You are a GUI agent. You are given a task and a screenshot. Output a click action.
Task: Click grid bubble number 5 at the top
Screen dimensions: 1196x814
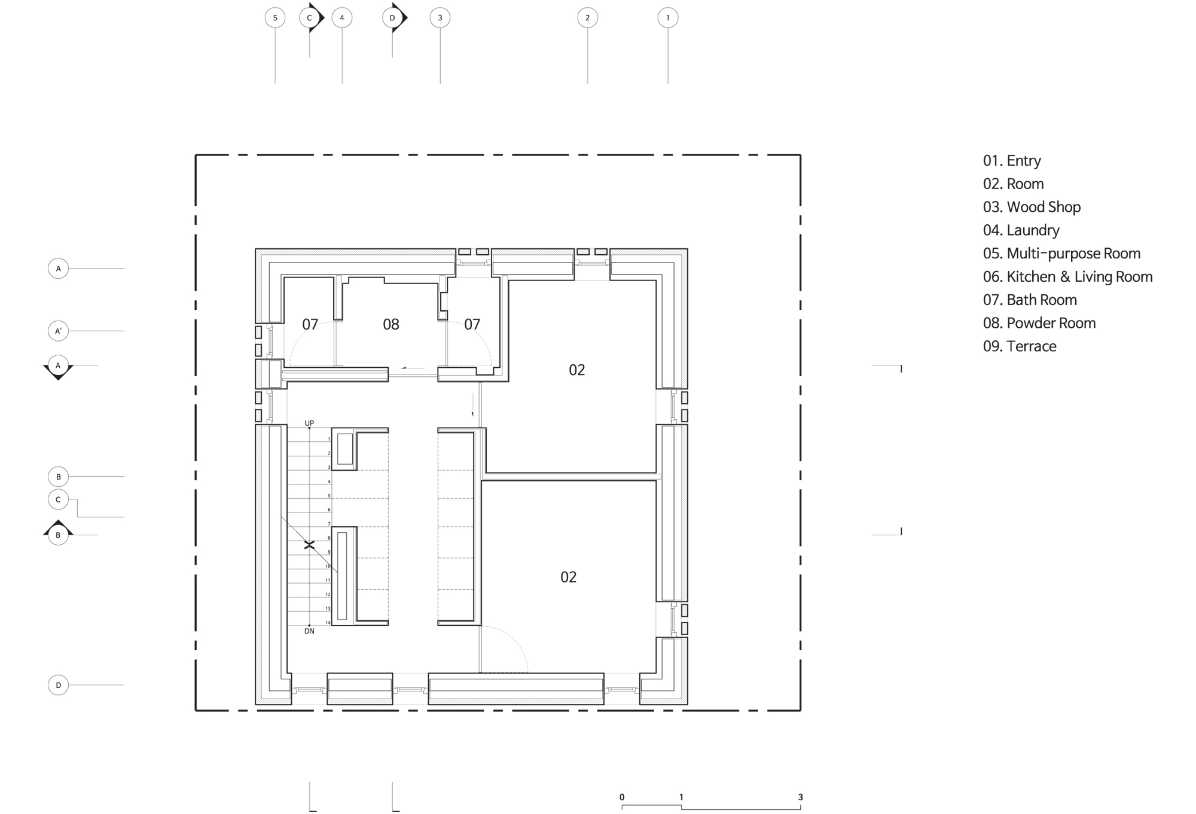coord(275,18)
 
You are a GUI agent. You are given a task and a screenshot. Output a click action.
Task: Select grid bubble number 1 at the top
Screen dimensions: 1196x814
coord(668,18)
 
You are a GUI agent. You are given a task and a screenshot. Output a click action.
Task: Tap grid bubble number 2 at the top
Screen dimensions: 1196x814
coord(587,18)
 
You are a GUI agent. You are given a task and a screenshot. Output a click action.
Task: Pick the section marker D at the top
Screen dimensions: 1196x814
coord(394,18)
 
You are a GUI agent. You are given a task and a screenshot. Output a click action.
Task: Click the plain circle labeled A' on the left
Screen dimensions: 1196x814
coord(58,331)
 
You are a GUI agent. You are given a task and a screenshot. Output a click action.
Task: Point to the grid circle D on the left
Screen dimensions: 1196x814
coord(58,685)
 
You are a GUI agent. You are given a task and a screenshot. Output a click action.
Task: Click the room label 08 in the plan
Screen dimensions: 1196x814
coord(391,324)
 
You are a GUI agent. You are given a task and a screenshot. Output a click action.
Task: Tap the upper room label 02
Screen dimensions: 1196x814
coord(577,370)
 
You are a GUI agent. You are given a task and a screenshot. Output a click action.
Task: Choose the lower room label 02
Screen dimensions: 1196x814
coord(569,577)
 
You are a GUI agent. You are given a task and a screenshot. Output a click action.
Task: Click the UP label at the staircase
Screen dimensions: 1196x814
coord(309,423)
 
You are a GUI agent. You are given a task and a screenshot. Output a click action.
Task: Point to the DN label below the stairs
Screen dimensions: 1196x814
coord(309,631)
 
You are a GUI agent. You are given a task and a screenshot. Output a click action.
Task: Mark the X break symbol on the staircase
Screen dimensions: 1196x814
coord(309,545)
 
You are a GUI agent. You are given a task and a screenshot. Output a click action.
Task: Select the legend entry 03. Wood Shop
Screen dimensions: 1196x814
coord(1032,207)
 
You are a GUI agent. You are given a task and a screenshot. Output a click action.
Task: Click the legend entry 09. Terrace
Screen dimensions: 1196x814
coord(1020,346)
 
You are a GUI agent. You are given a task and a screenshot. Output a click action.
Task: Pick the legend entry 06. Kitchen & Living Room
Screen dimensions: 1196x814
coord(1068,277)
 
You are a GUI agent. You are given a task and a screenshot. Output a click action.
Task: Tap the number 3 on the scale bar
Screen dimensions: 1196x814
coord(800,797)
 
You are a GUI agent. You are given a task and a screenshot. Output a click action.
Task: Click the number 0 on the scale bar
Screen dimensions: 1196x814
coord(622,797)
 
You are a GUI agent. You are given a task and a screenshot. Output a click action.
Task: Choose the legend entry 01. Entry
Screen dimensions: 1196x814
coord(1012,161)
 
